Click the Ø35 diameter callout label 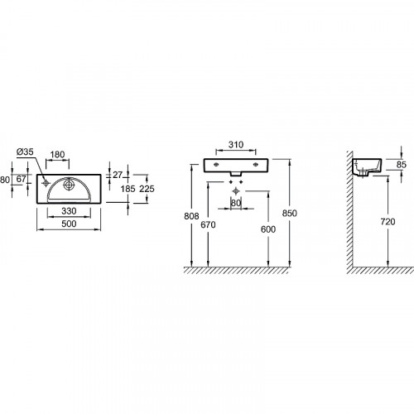[25, 152]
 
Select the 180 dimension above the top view [57, 155]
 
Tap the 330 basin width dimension [69, 211]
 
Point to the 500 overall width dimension [69, 224]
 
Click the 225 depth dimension [147, 189]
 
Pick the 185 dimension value [128, 189]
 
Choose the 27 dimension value [118, 175]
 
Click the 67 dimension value [22, 179]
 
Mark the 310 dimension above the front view [236, 145]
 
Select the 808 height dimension [191, 216]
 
